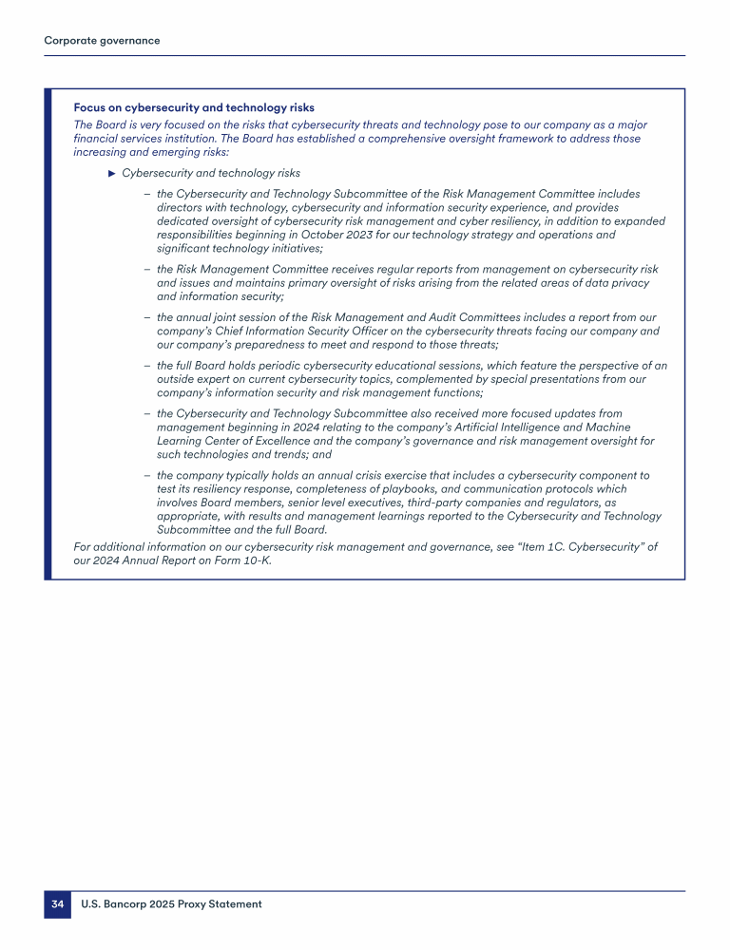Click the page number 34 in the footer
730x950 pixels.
pos(57,904)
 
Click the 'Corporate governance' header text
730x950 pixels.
pos(102,41)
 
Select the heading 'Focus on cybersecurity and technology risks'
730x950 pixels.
pos(194,108)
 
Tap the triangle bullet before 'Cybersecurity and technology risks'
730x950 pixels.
pos(112,173)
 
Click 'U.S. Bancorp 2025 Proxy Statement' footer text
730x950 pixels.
pos(171,904)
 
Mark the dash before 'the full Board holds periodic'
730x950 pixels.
pos(147,366)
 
